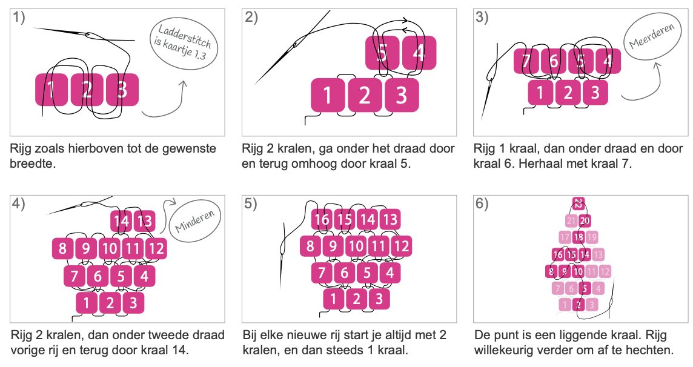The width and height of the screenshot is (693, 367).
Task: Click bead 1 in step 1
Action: coord(51,90)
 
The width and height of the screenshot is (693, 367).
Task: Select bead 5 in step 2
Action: coord(382,53)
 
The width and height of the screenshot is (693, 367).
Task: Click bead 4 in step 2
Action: coord(419,53)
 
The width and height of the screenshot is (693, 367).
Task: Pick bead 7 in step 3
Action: coord(526,61)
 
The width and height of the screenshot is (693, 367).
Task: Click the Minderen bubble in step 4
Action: coord(195,221)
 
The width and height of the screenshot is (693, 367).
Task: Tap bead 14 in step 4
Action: coord(121,221)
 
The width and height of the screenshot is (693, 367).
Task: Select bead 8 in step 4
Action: coord(63,248)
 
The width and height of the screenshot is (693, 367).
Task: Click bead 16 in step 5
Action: coord(322,219)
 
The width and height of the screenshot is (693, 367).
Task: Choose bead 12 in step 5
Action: coord(401,246)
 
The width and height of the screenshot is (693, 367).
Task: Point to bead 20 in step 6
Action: coord(585,221)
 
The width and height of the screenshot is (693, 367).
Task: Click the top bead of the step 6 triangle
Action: coord(579,203)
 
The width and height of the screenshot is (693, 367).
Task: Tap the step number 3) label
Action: coord(482,18)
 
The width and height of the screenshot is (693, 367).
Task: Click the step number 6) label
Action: coord(482,204)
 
